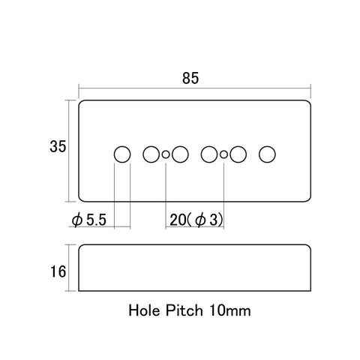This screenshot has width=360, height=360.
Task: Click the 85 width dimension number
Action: pyautogui.click(x=190, y=78)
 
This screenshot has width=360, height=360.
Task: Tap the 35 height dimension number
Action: pyautogui.click(x=58, y=146)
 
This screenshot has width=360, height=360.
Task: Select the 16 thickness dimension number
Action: pyautogui.click(x=58, y=271)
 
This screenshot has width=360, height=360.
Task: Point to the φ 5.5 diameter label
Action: pyautogui.click(x=89, y=220)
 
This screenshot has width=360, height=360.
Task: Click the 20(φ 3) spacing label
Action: pyautogui.click(x=196, y=220)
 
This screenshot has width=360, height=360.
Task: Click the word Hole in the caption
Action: pyautogui.click(x=144, y=310)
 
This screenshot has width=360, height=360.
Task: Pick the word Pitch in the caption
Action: pyautogui.click(x=184, y=310)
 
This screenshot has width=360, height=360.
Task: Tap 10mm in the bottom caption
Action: pyautogui.click(x=230, y=310)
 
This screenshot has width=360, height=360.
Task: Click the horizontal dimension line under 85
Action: pyautogui.click(x=195, y=88)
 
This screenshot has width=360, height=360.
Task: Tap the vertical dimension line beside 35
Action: pyautogui.click(x=69, y=151)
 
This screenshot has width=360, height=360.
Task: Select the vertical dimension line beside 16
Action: pyautogui.click(x=69, y=268)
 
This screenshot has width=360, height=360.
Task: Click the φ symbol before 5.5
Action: pyautogui.click(x=77, y=220)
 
